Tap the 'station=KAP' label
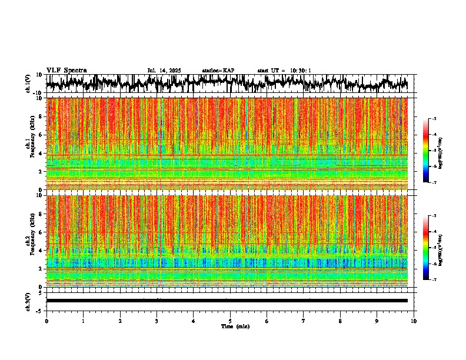[x=218, y=71]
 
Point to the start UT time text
[x=284, y=71]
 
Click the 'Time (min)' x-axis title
[x=230, y=326]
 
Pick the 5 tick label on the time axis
[x=230, y=321]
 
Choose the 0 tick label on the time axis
[x=46, y=321]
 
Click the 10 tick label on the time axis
[x=414, y=321]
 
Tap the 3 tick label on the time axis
[x=157, y=321]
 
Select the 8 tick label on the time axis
[x=340, y=321]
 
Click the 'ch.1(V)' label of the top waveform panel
[x=28, y=84]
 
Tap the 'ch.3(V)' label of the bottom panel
[x=28, y=301]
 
